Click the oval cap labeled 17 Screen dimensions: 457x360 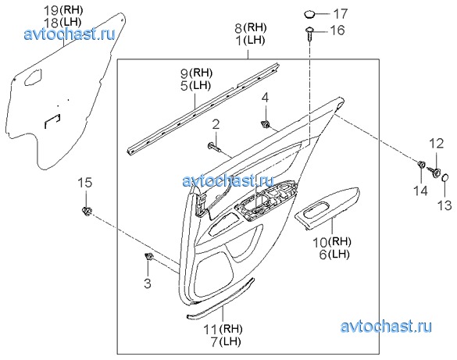(310, 14)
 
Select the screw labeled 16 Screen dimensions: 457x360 (309, 34)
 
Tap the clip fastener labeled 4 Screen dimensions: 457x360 (266, 124)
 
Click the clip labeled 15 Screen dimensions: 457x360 (86, 211)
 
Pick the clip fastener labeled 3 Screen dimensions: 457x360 (149, 257)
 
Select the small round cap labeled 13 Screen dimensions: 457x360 (445, 176)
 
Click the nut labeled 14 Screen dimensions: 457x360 (421, 165)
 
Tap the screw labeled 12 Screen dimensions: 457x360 (434, 172)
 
